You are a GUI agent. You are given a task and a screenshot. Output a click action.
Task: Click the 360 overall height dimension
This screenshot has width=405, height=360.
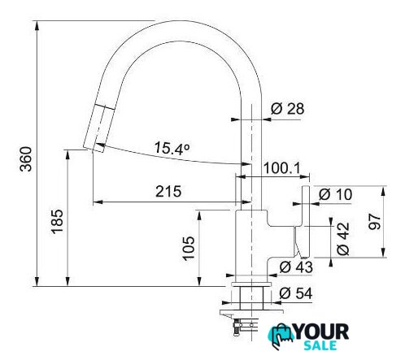tap(26, 158)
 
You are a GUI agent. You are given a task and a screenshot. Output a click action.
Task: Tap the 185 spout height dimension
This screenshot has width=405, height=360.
tap(57, 221)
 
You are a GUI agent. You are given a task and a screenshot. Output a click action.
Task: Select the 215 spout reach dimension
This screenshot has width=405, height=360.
tap(168, 192)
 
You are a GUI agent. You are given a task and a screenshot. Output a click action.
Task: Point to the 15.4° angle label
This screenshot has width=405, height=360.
tap(172, 149)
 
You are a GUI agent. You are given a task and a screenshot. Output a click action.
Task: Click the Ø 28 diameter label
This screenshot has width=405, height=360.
tap(287, 109)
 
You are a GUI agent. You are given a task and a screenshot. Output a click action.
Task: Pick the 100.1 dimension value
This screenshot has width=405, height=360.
tap(282, 168)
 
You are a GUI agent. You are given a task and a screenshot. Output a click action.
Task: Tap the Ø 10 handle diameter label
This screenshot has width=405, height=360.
tap(335, 194)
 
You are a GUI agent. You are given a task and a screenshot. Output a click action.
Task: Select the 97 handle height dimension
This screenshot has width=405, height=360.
tap(374, 222)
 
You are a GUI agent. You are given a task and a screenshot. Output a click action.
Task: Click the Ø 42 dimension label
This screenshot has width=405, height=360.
tap(343, 239)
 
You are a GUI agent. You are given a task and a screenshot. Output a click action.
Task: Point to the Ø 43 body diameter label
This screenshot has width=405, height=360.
tap(296, 267)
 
